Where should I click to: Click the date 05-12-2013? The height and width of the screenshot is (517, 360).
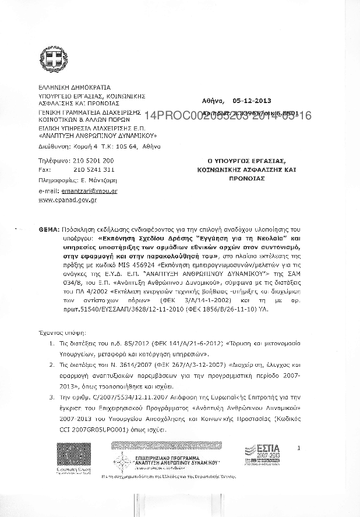[252, 100]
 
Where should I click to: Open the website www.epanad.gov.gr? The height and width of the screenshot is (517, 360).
[67, 200]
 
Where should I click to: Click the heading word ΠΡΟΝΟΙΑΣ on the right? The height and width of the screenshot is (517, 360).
[244, 179]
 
